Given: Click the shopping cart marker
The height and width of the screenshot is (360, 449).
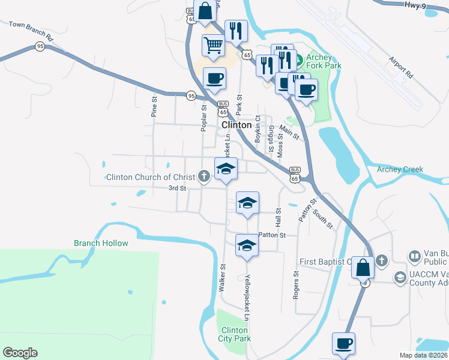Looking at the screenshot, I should coord(214,45).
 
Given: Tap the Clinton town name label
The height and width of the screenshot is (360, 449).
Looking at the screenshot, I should coord(237,125).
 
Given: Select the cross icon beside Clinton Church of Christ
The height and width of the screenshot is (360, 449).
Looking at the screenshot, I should coord(204,176).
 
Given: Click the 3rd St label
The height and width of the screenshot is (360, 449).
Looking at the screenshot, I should coord(178,188).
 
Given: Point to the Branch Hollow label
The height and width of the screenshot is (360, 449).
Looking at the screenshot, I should coord(101,243).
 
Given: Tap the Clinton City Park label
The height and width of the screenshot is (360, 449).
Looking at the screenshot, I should coord(235,335).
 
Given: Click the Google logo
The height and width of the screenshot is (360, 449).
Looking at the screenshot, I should coord(20,353).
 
